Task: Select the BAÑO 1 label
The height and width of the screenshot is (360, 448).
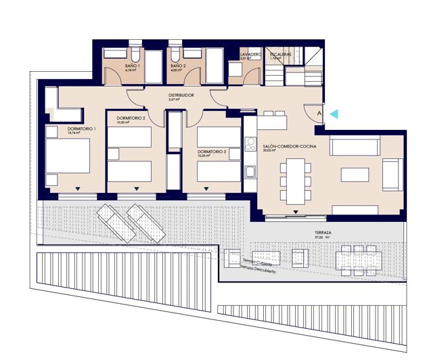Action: pos(132,66)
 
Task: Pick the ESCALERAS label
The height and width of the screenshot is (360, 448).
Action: pos(281,53)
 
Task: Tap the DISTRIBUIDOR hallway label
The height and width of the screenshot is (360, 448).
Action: pos(181,95)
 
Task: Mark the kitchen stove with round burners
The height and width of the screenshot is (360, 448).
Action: pos(250,143)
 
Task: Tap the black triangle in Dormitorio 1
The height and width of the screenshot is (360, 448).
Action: pos(79,188)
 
